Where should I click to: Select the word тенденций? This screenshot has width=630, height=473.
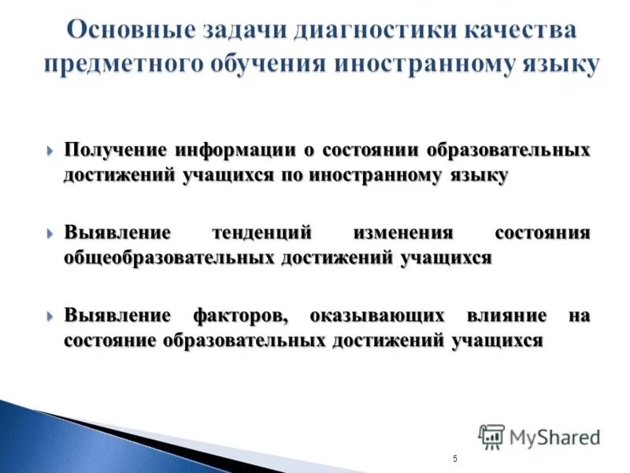[262, 234]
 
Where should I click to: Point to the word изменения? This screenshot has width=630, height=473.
[403, 234]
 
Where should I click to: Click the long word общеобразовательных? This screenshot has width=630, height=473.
[169, 258]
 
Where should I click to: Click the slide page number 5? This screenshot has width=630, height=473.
[455, 459]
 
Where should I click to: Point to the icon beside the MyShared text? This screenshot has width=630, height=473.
[491, 436]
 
